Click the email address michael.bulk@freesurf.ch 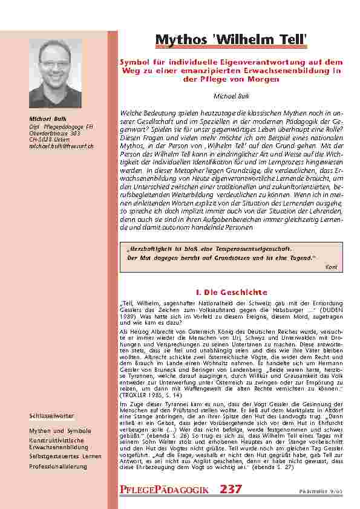point(62,146)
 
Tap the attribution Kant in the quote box point(331,267)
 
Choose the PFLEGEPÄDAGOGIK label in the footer point(165,489)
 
